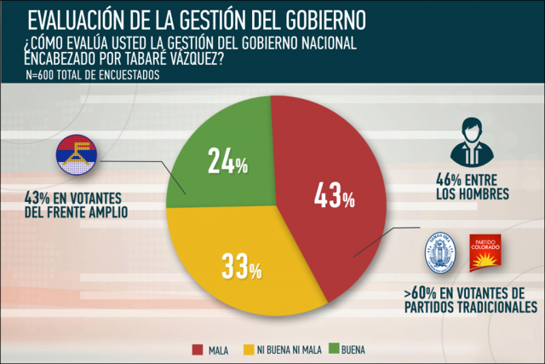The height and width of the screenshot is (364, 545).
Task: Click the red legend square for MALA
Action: click(197, 349)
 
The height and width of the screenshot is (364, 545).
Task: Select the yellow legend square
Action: click(251, 349)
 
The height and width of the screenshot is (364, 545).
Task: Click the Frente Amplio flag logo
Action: click(77, 156)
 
